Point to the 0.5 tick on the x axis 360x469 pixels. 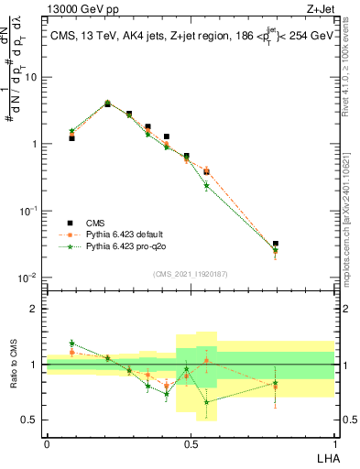click(191, 443)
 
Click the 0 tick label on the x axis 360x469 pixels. click(47, 443)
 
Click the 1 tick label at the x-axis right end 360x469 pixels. click(334, 443)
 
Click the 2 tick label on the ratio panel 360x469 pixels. click(35, 309)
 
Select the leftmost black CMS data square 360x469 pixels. click(71, 137)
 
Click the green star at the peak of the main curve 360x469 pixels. click(107, 103)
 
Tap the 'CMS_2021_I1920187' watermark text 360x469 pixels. click(190, 273)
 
